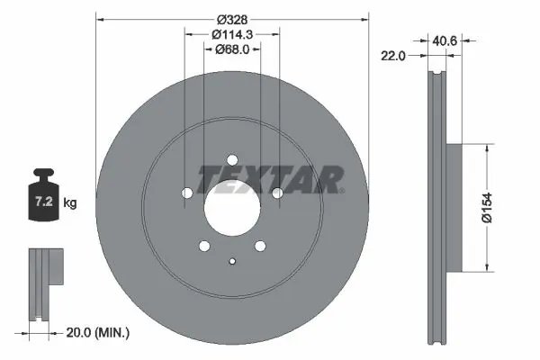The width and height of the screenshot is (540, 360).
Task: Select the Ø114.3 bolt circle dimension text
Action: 231,34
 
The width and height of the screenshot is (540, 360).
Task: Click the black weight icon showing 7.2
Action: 43,194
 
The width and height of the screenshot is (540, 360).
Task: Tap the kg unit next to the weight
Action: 70,203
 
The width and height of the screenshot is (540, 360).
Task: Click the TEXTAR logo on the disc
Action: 270,180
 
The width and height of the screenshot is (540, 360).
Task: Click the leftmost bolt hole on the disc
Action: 186,193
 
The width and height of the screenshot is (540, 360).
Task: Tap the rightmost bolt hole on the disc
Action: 277,193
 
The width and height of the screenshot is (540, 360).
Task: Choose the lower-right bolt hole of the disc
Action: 260,246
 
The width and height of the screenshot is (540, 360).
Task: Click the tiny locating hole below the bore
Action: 232,262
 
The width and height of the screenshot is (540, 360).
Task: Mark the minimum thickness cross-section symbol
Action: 41,283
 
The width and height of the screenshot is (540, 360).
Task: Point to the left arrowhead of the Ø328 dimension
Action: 98,19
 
